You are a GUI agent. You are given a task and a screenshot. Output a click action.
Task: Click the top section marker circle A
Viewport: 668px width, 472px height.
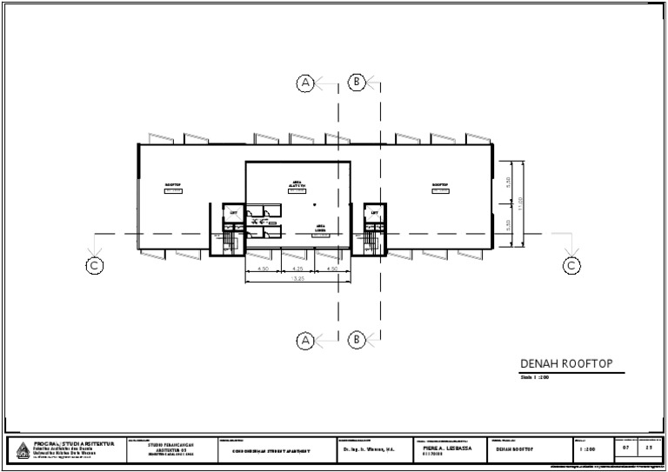[x=305, y=83]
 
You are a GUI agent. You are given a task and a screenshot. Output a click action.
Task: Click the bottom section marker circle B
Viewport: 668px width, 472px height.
[x=357, y=340]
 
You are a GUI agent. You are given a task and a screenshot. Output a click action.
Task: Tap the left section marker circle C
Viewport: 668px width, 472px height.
[x=95, y=266]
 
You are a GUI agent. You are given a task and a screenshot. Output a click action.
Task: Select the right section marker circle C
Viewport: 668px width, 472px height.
[x=571, y=266]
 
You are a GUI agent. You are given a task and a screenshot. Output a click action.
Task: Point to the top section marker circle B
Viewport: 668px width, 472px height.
[x=357, y=83]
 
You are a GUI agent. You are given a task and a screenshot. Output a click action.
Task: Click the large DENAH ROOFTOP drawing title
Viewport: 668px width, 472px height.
[x=560, y=364]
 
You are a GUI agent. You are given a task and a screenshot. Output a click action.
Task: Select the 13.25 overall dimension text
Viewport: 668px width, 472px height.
[x=298, y=280]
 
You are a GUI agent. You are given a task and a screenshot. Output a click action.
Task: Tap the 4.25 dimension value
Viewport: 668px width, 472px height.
[x=298, y=269]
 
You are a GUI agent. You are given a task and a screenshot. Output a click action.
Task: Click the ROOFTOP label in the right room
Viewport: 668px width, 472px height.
[x=440, y=185]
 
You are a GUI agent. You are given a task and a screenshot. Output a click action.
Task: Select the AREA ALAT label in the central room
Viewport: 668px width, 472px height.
[x=297, y=184]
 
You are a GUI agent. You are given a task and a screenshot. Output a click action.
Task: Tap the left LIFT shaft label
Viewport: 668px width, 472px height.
[x=233, y=212]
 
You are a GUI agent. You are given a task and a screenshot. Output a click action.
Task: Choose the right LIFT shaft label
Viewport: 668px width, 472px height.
[x=375, y=212]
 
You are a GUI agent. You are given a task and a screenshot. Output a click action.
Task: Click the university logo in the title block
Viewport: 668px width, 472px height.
[x=23, y=449]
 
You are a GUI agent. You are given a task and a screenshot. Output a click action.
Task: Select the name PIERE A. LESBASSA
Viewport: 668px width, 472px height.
[x=447, y=448]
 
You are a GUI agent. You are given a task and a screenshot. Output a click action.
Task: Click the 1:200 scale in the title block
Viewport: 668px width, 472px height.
[x=587, y=449]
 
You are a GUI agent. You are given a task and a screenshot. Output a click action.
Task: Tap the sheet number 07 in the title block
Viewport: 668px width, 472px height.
[x=625, y=449]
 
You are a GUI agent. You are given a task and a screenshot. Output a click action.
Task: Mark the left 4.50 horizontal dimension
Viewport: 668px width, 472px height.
[x=263, y=269]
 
